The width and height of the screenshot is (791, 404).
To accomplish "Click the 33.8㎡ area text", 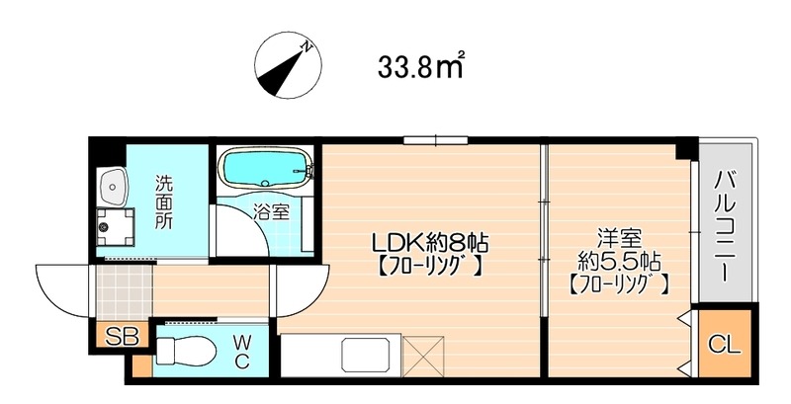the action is [x=421, y=67].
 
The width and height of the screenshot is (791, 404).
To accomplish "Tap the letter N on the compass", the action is [x=306, y=46].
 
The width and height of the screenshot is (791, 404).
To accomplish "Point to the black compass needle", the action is [x=285, y=73].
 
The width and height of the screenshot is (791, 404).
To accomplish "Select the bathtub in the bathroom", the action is [x=264, y=168].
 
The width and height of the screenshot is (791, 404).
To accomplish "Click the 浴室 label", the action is [x=272, y=213].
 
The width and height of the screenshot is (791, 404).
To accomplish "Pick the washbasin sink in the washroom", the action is [x=113, y=187].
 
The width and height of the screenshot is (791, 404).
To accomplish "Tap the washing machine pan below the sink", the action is [x=116, y=226].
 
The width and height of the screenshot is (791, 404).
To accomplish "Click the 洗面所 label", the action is [x=163, y=202].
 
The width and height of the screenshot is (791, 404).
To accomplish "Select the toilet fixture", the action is [x=185, y=349].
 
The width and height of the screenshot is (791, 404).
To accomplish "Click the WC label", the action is [x=241, y=353].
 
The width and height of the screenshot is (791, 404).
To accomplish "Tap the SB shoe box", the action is [x=122, y=337].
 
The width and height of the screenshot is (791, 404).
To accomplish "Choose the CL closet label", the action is [x=725, y=345].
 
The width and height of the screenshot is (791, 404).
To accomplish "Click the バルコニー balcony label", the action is [x=724, y=226].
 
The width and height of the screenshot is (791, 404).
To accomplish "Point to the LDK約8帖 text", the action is [x=430, y=244].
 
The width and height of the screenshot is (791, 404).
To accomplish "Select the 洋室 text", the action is [x=618, y=237].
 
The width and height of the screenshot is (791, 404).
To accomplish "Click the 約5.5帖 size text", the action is [x=619, y=262].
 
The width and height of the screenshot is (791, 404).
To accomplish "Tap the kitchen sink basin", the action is [x=365, y=356].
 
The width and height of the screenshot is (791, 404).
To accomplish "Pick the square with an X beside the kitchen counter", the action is [x=424, y=356].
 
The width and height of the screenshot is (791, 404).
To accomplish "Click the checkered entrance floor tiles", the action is [x=125, y=292].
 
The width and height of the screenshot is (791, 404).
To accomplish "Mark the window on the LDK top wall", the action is [x=436, y=140].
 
